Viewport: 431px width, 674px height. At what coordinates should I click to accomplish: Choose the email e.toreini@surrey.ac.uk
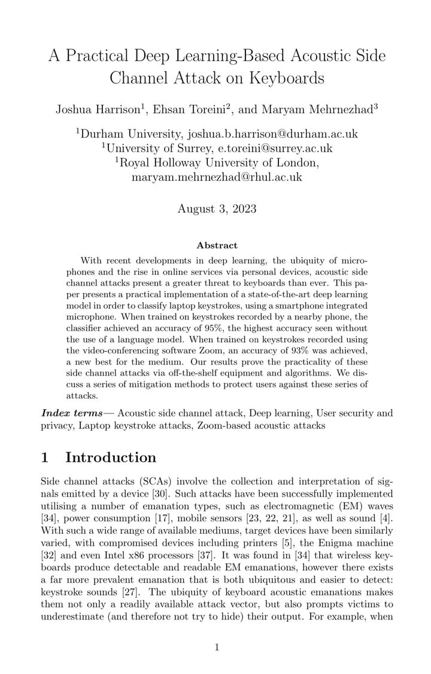tap(260, 148)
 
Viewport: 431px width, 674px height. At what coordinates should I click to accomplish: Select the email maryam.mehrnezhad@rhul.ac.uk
tap(217, 177)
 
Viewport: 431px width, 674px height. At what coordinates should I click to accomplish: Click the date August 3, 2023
tap(217, 209)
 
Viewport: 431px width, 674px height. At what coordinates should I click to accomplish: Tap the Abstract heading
tap(217, 245)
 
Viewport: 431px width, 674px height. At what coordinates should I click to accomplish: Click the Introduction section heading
tap(110, 458)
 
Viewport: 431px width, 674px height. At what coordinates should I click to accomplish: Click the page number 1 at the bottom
tap(217, 646)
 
